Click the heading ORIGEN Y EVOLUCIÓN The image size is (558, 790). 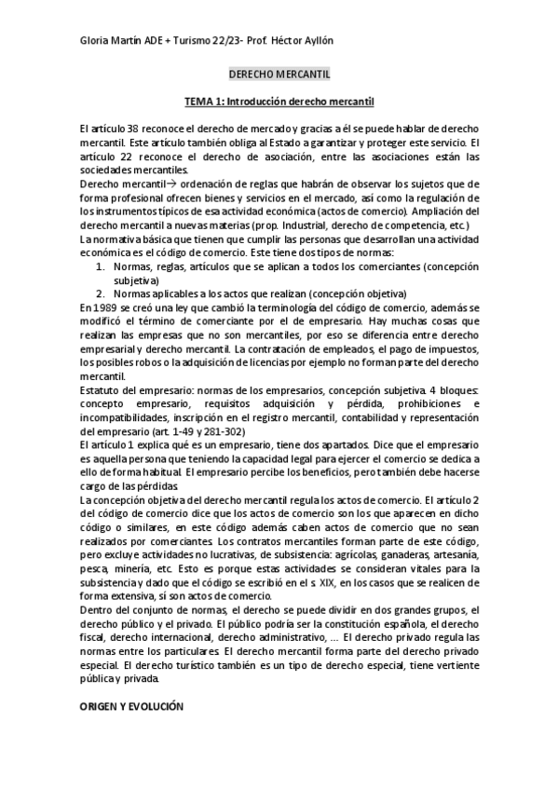[133, 707]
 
